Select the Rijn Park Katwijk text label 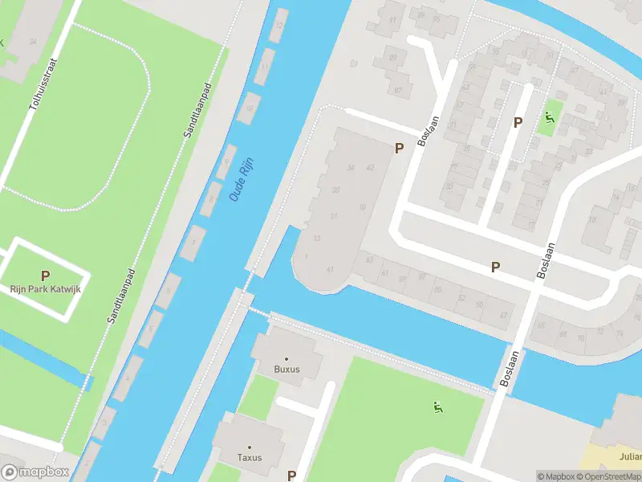46,289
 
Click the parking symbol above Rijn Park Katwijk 46,275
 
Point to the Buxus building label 286,370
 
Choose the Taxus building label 250,458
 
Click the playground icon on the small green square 550,119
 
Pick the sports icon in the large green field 437,407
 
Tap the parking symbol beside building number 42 398,148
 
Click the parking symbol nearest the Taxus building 291,476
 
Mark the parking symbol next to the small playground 518,122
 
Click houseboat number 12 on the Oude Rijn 278,25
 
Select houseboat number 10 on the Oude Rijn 250,107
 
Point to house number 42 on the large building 370,167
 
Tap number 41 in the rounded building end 329,269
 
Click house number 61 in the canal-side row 384,273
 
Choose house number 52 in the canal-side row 461,297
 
